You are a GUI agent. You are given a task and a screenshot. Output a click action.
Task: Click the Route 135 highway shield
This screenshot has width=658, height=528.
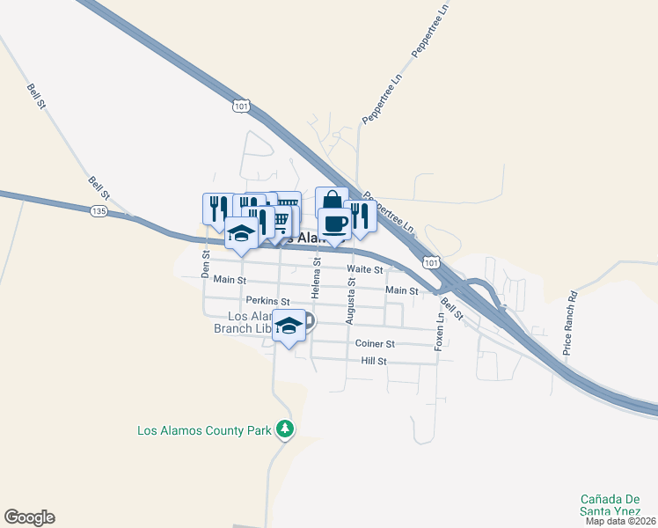[96, 211]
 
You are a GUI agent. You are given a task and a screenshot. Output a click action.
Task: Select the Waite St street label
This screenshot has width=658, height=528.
[364, 269]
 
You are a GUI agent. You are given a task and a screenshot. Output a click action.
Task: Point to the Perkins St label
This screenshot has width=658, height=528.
[267, 301]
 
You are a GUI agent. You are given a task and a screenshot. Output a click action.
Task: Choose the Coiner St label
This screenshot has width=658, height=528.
[375, 344]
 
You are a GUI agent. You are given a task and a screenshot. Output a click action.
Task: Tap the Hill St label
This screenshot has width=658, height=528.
[373, 361]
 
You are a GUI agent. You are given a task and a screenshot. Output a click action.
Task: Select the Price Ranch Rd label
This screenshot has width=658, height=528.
[570, 322]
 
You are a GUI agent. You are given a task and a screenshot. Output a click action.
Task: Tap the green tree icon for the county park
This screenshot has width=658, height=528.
[284, 429]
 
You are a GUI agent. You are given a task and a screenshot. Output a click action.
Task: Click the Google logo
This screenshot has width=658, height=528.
[29, 517]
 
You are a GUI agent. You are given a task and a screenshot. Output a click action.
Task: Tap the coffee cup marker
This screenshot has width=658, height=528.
[334, 224]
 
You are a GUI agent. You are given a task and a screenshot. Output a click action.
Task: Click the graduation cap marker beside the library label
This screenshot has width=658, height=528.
[289, 326]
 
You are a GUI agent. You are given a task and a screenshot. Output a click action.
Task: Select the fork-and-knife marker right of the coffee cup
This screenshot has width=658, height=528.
[361, 214]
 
